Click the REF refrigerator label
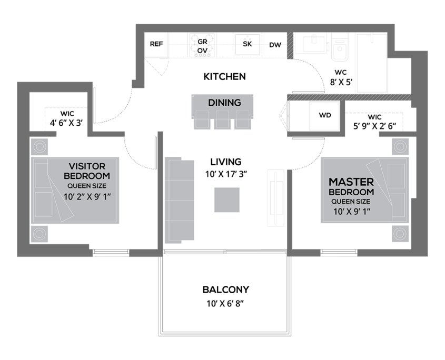156,44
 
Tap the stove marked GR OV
202,45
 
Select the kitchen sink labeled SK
247,45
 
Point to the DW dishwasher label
275,45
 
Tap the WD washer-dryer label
325,115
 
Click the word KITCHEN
224,77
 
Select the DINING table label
224,103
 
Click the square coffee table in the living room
227,199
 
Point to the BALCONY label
225,289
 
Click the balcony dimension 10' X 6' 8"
225,304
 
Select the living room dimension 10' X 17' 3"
226,174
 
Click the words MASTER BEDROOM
351,187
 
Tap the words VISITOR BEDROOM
87,171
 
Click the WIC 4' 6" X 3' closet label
67,118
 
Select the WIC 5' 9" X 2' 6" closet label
374,122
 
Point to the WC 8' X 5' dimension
341,78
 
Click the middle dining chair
222,119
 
